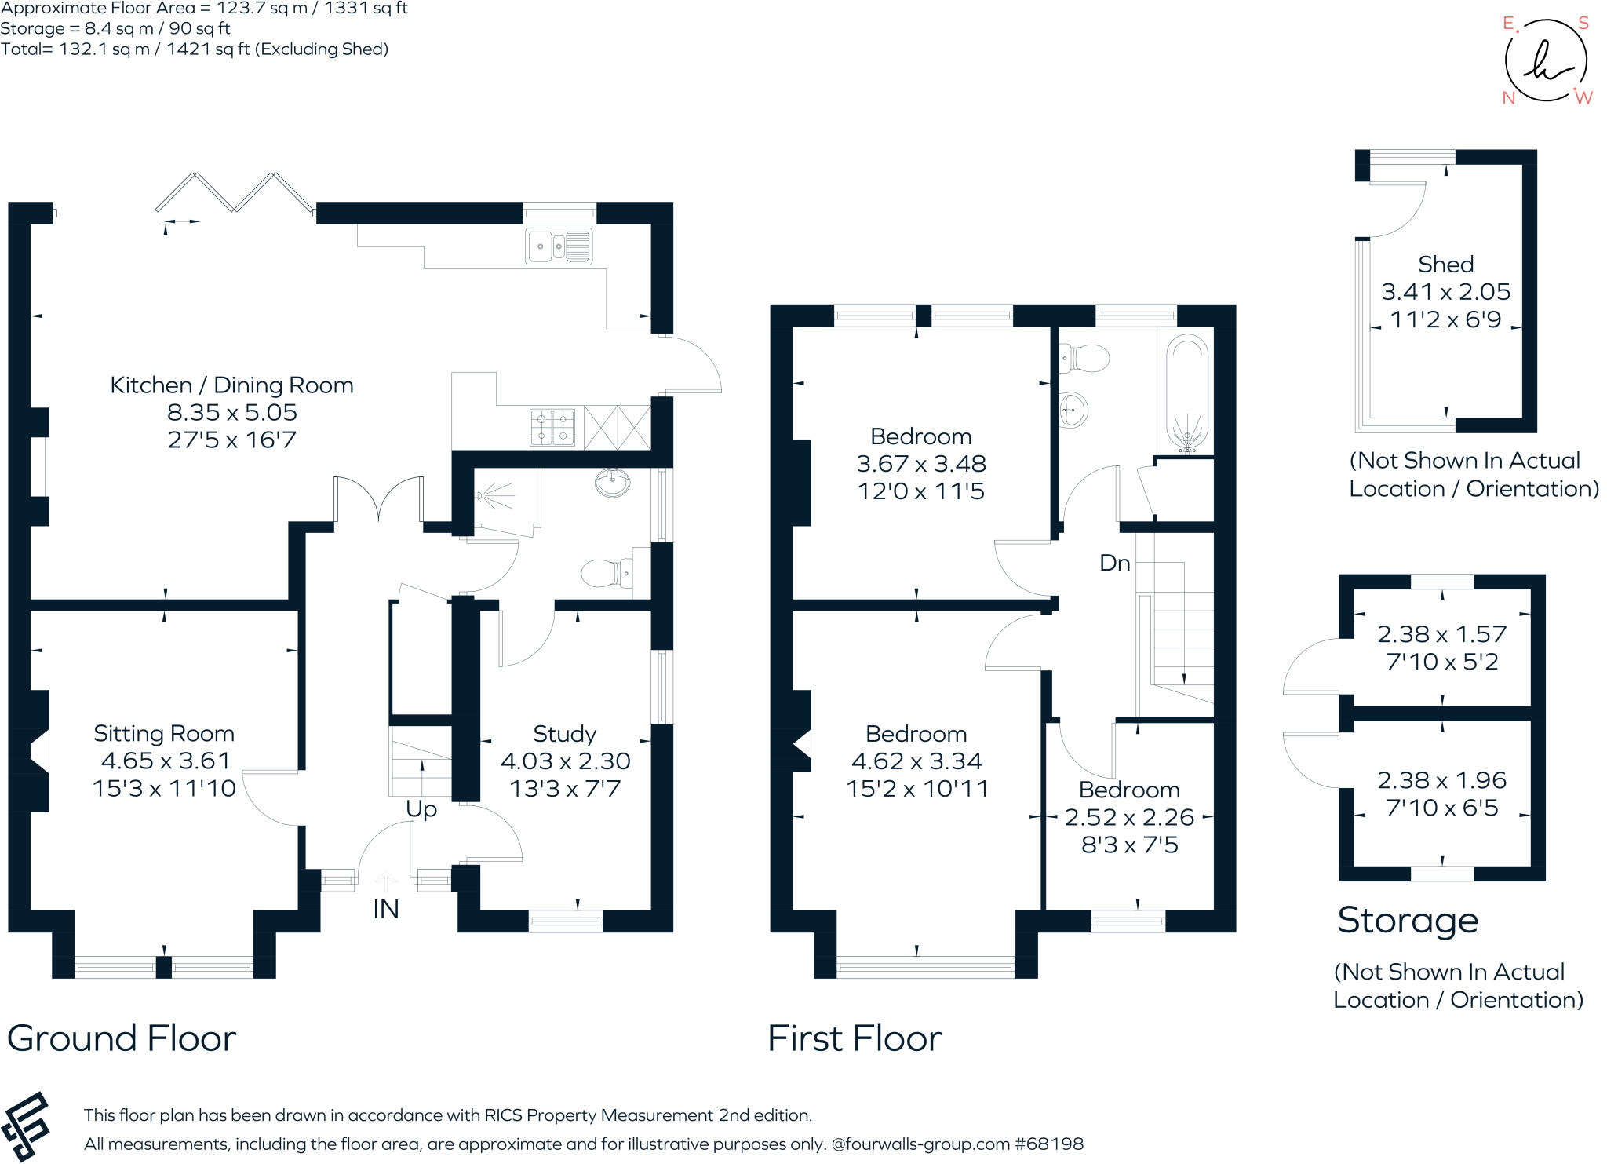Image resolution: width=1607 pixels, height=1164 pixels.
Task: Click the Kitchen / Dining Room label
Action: pos(231,385)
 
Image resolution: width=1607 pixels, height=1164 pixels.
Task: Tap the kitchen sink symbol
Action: pos(558,246)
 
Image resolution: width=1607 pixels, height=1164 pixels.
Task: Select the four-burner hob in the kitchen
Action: pos(552,429)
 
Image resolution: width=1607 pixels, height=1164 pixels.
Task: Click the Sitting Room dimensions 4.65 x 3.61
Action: pos(166,761)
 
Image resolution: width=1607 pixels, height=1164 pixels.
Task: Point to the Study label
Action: pos(564,734)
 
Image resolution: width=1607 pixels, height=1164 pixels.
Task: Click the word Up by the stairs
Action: pos(421,809)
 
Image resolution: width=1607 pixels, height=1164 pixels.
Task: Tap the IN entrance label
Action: pos(385,909)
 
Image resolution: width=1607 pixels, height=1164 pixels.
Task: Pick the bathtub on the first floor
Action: pos(1186,392)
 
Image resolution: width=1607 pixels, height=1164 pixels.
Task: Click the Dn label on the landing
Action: pos(1114,563)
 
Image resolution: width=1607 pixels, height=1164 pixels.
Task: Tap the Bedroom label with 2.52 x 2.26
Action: pos(1128,790)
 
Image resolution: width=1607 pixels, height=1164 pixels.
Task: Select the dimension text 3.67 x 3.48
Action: pos(920,464)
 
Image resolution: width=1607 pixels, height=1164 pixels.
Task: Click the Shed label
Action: pos(1445,265)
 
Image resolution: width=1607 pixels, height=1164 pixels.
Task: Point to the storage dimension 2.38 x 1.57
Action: pos(1441,634)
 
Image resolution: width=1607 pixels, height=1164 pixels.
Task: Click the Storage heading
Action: pos(1408,920)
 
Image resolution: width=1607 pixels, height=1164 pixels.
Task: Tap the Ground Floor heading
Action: pos(122,1038)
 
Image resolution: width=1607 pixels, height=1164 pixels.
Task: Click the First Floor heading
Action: pos(854,1038)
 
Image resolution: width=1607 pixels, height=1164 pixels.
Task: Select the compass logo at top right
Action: pos(1545,61)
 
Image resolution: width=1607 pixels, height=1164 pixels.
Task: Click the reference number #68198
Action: pos(1049,1144)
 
